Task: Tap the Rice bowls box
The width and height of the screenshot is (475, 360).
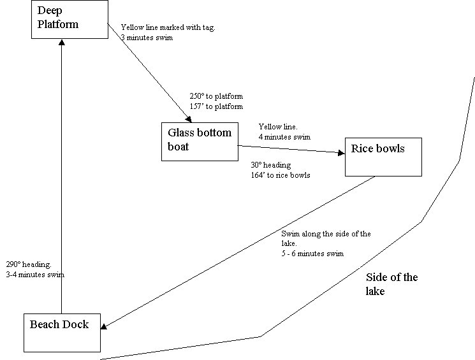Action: click(383, 157)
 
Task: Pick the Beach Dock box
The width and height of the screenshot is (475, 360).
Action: click(62, 333)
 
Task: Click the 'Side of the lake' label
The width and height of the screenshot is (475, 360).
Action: click(391, 284)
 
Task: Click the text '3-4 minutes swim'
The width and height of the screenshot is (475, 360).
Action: click(35, 275)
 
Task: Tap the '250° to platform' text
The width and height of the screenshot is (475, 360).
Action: click(216, 96)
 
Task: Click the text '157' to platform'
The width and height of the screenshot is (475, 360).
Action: click(216, 106)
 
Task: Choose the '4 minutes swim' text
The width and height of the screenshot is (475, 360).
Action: click(284, 136)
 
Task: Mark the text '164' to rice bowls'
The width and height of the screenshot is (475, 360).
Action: click(281, 175)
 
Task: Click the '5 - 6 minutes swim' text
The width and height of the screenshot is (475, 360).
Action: click(312, 254)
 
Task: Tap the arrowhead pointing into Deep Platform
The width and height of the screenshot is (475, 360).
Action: click(61, 42)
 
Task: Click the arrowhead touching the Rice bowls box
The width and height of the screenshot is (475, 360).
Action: click(340, 152)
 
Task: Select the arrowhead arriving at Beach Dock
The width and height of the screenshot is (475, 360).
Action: click(105, 327)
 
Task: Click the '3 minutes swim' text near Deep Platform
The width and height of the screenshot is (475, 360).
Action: click(146, 38)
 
